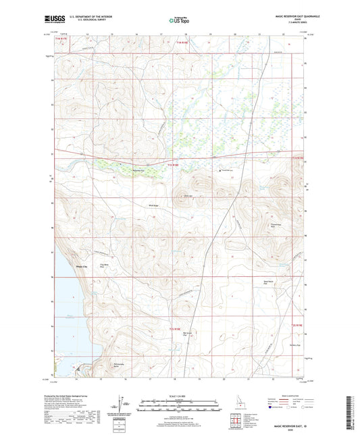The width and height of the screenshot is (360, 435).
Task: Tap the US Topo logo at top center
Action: coord(179,20)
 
